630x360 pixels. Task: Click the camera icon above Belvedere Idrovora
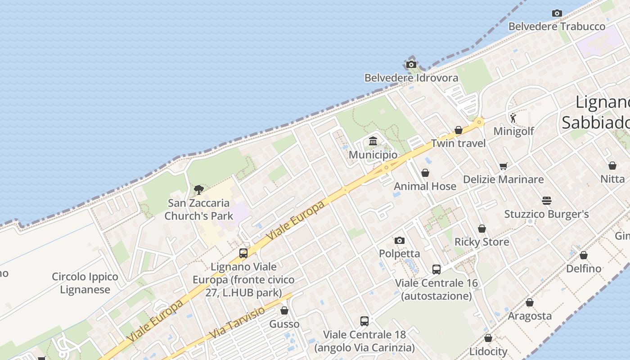[x=411, y=65]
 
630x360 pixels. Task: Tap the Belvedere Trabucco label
[x=557, y=27]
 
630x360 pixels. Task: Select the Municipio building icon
[x=373, y=142]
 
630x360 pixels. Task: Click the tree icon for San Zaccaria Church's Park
[x=198, y=190]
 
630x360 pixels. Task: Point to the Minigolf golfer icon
[x=513, y=118]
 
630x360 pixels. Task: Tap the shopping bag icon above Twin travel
[x=459, y=130]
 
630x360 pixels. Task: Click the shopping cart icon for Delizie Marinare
[x=504, y=166]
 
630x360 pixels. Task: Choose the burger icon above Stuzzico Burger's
[x=547, y=201]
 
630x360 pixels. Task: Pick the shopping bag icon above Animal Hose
[x=425, y=173]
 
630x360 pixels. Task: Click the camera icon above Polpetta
[x=400, y=241]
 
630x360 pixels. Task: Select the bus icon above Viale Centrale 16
[x=436, y=270]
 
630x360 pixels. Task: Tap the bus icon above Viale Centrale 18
[x=364, y=321]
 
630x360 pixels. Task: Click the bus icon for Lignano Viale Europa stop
[x=243, y=253]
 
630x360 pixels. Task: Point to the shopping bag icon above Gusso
[x=284, y=310]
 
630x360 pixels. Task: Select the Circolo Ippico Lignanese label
[x=85, y=283]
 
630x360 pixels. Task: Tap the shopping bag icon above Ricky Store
[x=482, y=229]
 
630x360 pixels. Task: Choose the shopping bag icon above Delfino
[x=584, y=256]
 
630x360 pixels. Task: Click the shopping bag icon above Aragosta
[x=530, y=303]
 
